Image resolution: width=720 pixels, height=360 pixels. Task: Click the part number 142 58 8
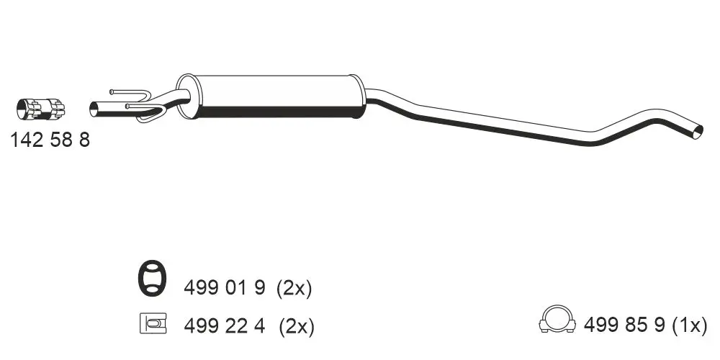[50, 140]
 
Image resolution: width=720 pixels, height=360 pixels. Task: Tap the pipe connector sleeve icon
[40, 109]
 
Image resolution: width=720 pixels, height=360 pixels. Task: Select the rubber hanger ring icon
[152, 278]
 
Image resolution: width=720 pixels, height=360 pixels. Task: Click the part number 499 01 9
[225, 289]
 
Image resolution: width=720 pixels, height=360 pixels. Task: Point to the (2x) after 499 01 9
[294, 289]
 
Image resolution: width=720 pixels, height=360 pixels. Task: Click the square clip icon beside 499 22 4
[153, 323]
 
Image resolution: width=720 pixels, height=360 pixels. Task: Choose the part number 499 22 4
[225, 326]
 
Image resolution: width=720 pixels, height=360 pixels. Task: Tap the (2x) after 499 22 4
[297, 326]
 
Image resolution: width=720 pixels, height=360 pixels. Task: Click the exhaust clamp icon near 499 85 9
[557, 319]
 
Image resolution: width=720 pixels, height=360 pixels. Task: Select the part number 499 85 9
[624, 325]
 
